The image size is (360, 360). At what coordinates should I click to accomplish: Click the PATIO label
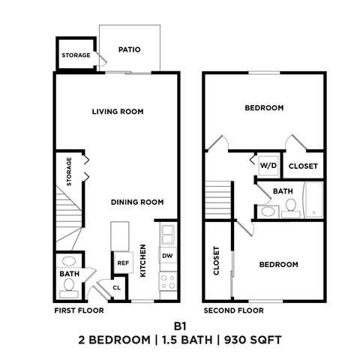[130, 50]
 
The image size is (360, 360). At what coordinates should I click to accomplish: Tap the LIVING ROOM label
[118, 112]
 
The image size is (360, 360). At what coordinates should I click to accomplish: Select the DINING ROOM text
[137, 202]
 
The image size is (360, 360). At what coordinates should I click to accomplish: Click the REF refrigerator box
[121, 263]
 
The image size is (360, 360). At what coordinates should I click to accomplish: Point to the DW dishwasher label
[167, 256]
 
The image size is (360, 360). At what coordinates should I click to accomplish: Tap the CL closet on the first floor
[117, 286]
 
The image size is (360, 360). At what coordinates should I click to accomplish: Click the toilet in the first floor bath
[69, 262]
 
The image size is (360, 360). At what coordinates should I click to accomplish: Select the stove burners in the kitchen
[168, 283]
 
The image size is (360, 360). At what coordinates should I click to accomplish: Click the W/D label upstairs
[267, 166]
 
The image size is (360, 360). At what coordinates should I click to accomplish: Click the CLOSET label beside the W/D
[303, 166]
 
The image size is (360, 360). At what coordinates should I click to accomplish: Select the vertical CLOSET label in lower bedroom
[217, 262]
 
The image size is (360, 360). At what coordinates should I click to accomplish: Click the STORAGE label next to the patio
[76, 55]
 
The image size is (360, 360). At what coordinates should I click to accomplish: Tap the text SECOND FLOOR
[234, 310]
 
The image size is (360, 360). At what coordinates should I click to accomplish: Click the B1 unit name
[179, 326]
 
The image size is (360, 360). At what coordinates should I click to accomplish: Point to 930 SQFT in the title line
[253, 340]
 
